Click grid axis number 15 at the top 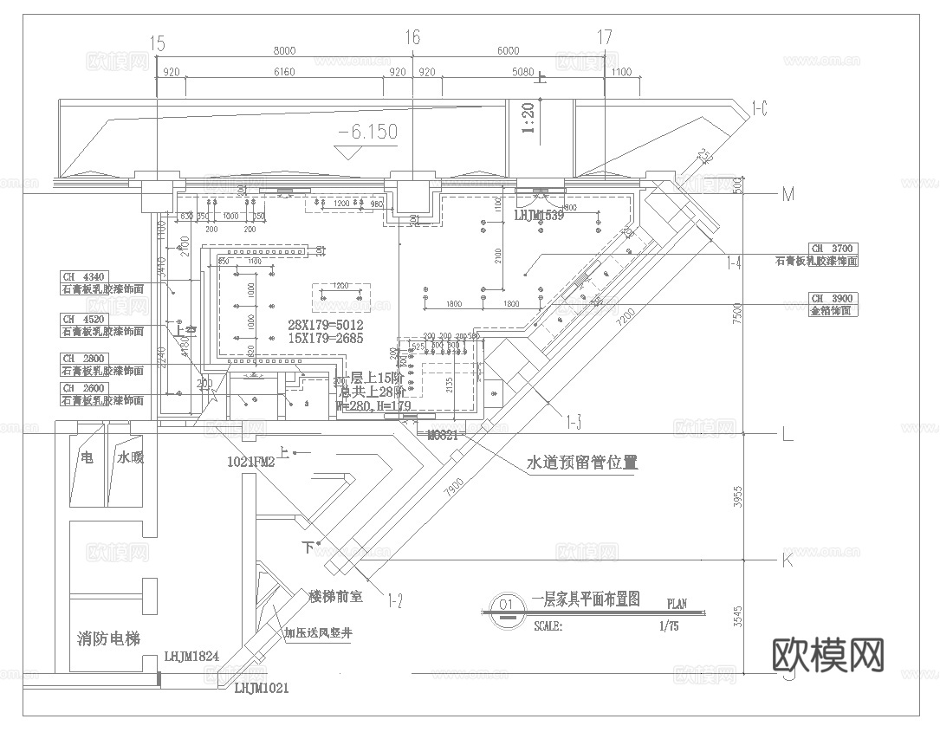click(157, 41)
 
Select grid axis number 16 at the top click(412, 37)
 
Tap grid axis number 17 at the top click(605, 37)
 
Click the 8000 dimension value click(283, 52)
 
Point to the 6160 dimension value click(283, 73)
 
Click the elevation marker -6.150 click(368, 133)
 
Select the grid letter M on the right click(788, 194)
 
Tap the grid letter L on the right click(787, 435)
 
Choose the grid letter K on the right click(788, 560)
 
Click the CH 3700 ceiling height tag click(833, 249)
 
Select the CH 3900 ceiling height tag click(833, 297)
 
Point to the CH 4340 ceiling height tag click(83, 277)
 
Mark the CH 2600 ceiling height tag click(83, 388)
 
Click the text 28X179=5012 click(325, 325)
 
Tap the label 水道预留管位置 click(582, 462)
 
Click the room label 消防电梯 click(108, 639)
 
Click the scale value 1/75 click(669, 626)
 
